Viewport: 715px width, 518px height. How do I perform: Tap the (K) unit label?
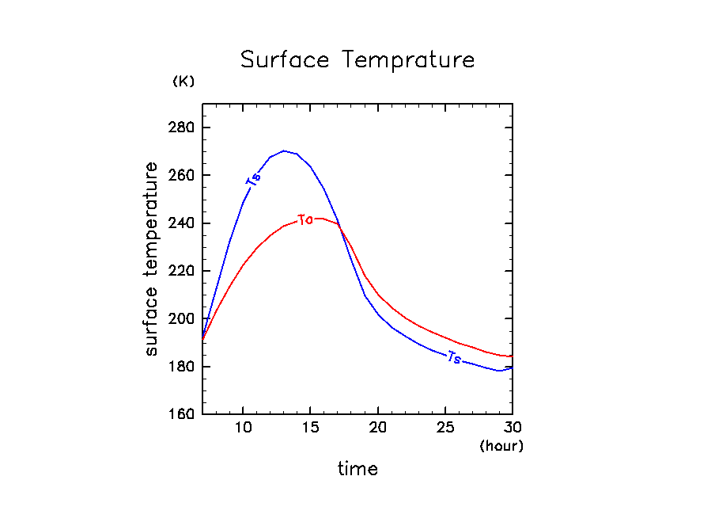pyautogui.click(x=183, y=82)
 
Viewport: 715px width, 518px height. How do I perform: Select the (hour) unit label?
pyautogui.click(x=501, y=446)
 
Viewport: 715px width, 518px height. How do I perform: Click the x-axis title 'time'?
pyautogui.click(x=357, y=469)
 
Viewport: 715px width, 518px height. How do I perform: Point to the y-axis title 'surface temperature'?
pyautogui.click(x=151, y=259)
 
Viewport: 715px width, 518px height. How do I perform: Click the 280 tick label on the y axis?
pyautogui.click(x=183, y=128)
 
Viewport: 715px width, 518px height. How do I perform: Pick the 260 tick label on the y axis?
pyautogui.click(x=183, y=175)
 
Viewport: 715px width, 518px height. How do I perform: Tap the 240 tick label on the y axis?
pyautogui.click(x=183, y=223)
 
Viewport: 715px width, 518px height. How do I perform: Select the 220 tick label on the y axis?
pyautogui.click(x=183, y=271)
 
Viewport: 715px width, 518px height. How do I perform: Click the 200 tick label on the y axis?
pyautogui.click(x=183, y=319)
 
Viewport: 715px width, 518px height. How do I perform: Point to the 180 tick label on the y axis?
pyautogui.click(x=183, y=367)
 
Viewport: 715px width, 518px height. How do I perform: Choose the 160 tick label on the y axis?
pyautogui.click(x=183, y=415)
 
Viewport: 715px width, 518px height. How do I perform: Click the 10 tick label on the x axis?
pyautogui.click(x=243, y=428)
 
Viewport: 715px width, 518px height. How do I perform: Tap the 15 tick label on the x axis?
pyautogui.click(x=311, y=428)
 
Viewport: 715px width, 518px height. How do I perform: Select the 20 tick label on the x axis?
pyautogui.click(x=378, y=428)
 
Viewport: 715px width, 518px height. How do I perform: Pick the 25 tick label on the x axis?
pyautogui.click(x=445, y=428)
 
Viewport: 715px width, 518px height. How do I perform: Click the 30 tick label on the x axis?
pyautogui.click(x=513, y=428)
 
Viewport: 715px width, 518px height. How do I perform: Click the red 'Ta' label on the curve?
pyautogui.click(x=305, y=219)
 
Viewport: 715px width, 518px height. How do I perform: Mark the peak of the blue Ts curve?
pyautogui.click(x=284, y=150)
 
